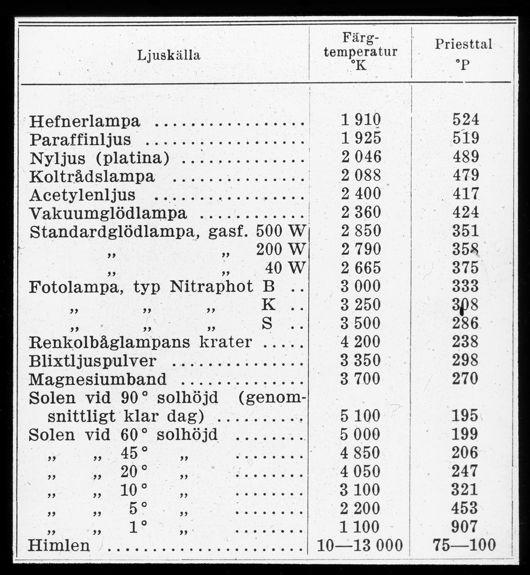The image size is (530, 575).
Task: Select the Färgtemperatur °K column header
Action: pos(360,51)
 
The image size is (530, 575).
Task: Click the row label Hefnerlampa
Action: pos(85,121)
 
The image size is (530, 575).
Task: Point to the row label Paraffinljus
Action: pos(80,139)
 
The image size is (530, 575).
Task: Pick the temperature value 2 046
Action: pos(361,157)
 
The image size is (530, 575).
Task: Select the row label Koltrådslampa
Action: pos(92,176)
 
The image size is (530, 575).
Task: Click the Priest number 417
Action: pos(465,194)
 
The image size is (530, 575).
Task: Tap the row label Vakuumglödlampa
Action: pos(108,213)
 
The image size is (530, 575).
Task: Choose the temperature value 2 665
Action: pos(361,267)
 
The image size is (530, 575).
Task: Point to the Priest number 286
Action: pos(465,323)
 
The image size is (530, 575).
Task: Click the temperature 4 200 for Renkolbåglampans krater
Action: pos(361,342)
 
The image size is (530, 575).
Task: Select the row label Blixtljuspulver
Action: pos(92,361)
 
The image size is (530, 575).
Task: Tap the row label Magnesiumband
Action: pos(98,379)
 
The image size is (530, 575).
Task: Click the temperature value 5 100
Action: pos(361,415)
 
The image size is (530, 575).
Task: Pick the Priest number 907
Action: pos(465,527)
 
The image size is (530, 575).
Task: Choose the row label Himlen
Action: pos(59,545)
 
